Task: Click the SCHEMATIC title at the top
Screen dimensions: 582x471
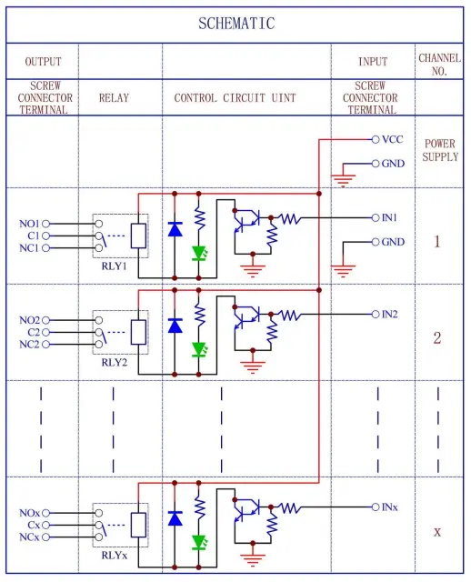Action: click(235, 24)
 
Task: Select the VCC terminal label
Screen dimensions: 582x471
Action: click(392, 140)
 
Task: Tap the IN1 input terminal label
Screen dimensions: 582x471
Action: click(390, 217)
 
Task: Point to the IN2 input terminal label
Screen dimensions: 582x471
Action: click(390, 314)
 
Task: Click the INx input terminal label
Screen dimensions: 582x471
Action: click(390, 507)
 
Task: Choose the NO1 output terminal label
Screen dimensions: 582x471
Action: click(29, 223)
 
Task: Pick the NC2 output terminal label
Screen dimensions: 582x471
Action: click(29, 345)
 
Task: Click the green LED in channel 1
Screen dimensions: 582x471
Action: click(199, 253)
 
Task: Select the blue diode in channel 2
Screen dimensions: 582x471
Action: click(174, 325)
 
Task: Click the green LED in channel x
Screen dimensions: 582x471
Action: click(199, 542)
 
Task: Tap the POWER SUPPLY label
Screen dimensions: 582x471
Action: click(441, 151)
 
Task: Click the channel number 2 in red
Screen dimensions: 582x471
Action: click(437, 338)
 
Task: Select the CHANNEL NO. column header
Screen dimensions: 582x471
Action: click(440, 63)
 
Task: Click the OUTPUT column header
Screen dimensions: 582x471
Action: click(42, 62)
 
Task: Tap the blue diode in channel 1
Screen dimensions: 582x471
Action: click(174, 228)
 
